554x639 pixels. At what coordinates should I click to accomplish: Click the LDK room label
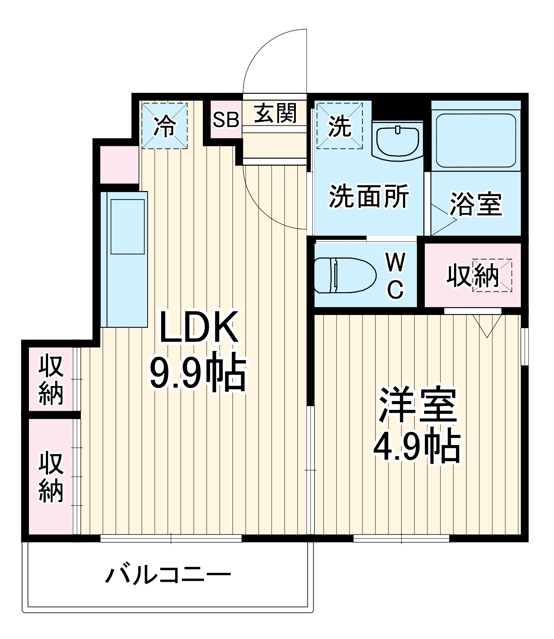[199, 327]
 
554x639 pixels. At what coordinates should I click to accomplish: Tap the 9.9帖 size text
[198, 371]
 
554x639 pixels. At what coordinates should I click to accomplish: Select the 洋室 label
[417, 405]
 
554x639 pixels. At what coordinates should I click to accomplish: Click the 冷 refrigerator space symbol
[164, 126]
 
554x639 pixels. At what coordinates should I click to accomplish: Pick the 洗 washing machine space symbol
[340, 126]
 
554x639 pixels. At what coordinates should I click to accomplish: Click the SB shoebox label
[226, 120]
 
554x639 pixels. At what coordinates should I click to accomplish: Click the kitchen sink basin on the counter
[127, 226]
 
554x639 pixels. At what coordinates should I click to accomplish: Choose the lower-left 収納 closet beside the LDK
[51, 477]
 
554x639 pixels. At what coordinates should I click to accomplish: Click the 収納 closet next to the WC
[472, 276]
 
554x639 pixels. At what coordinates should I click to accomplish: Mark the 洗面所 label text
[369, 196]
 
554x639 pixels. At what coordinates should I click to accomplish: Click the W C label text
[395, 276]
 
